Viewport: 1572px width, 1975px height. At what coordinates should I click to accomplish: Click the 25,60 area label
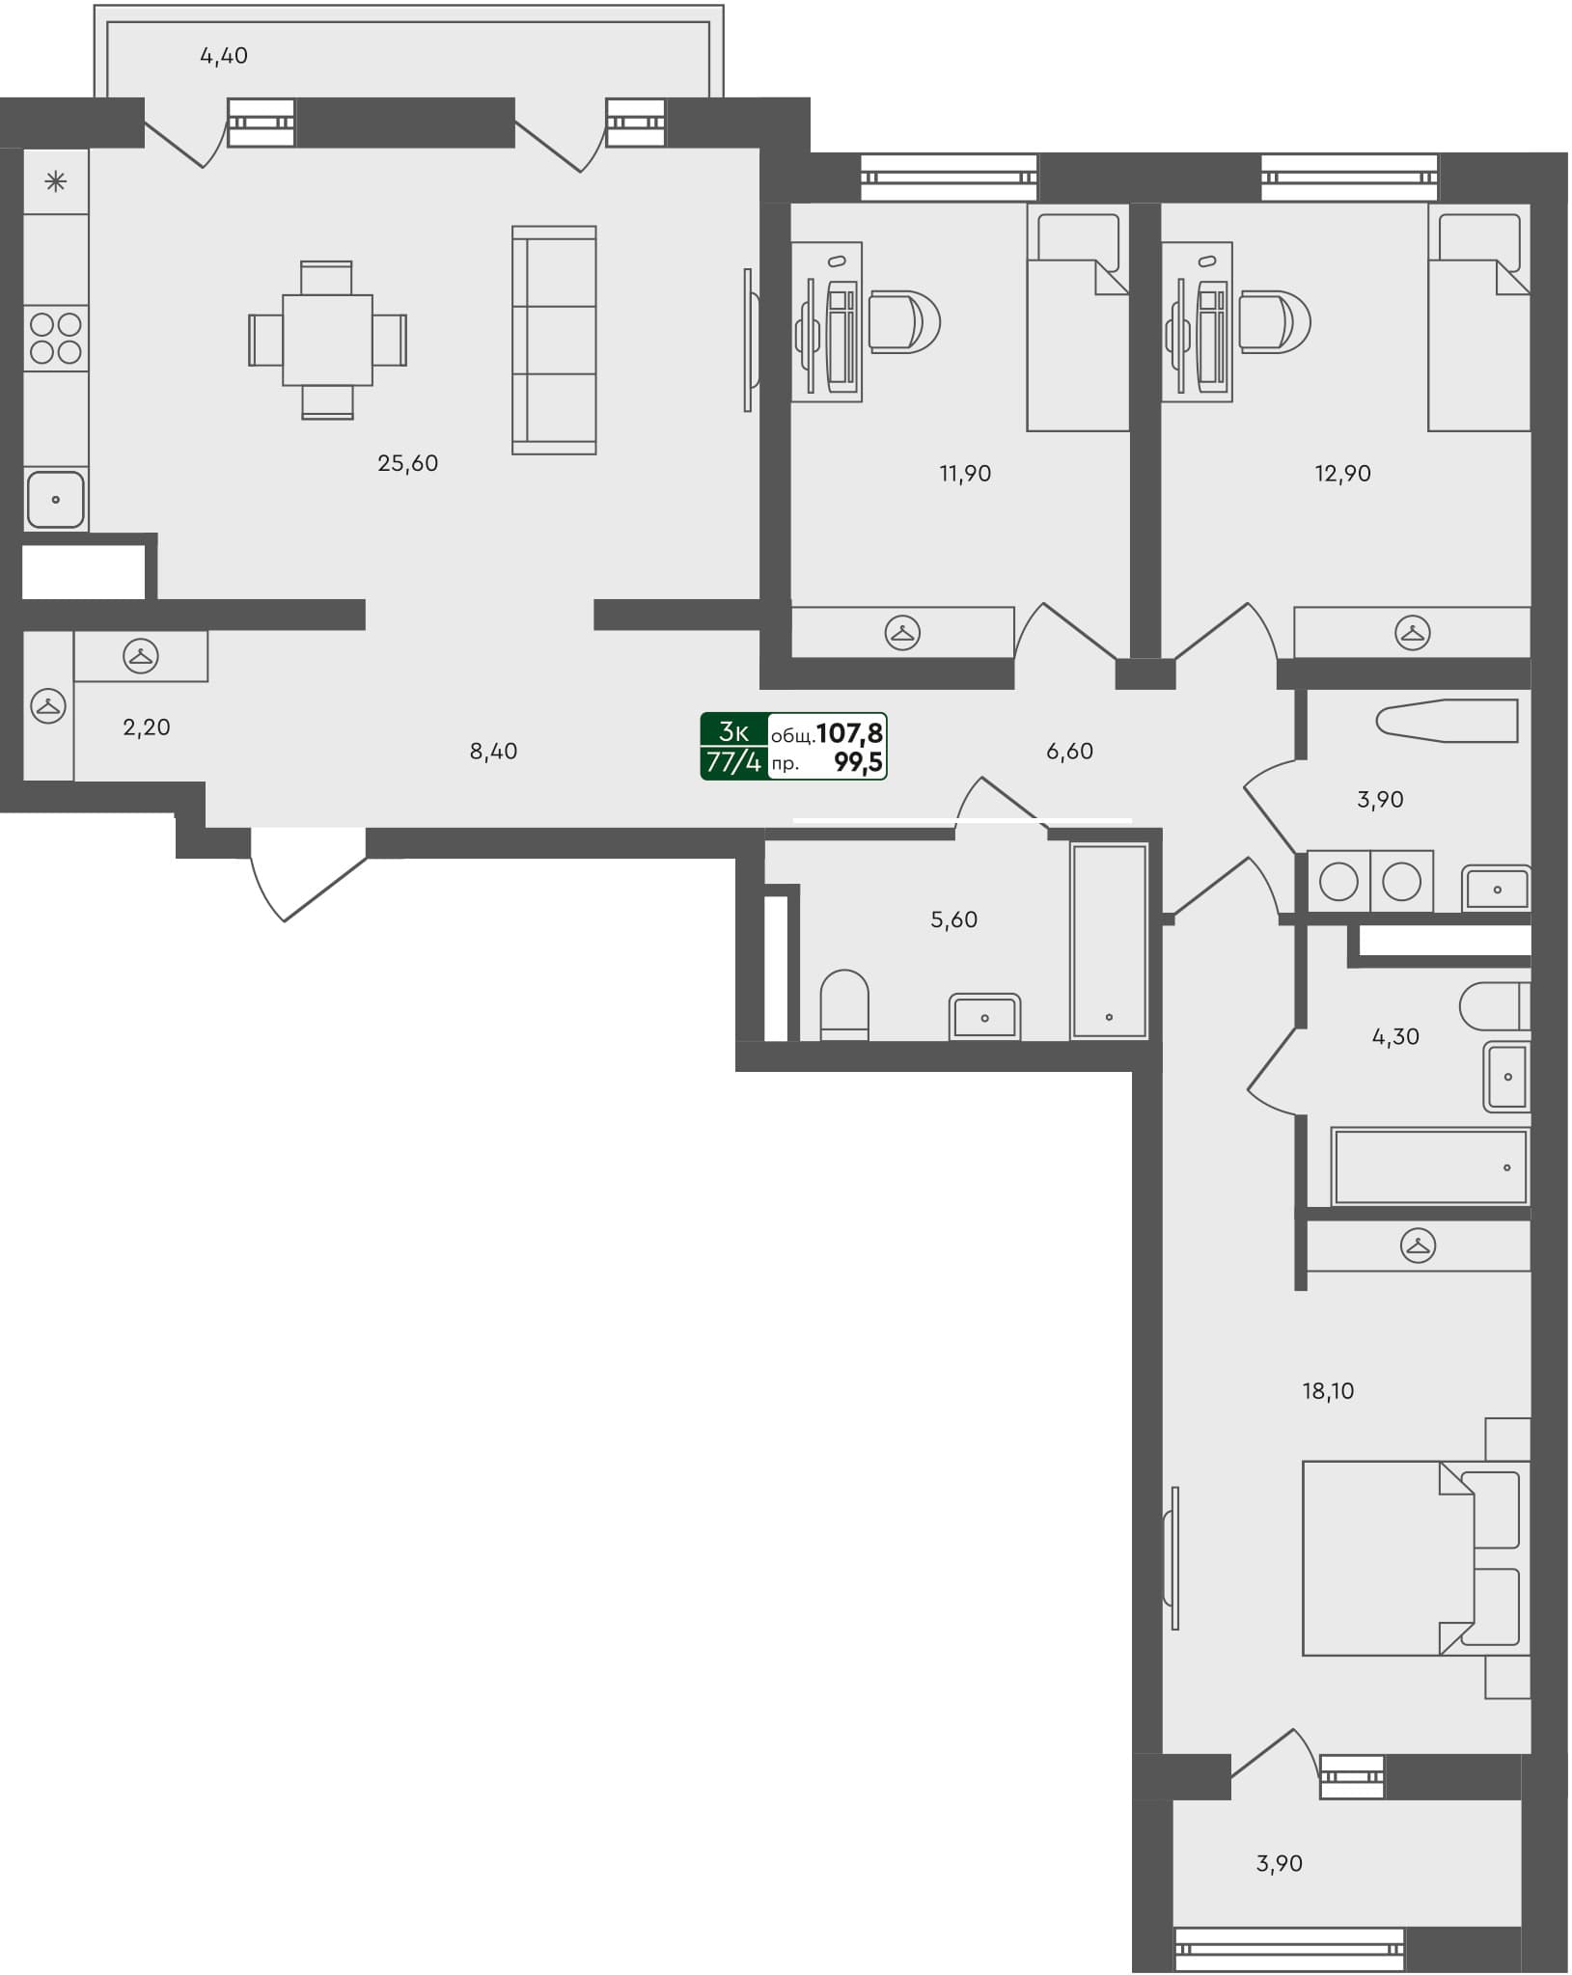coord(407,463)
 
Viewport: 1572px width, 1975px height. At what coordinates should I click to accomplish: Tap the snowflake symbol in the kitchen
coord(56,180)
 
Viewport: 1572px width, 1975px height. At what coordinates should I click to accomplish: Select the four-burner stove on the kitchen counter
coord(56,338)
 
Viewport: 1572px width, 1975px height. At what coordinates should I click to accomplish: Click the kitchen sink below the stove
coord(55,499)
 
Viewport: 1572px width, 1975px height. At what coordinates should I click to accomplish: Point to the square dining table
coord(327,341)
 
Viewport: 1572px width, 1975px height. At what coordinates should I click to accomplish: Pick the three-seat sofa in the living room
coord(553,340)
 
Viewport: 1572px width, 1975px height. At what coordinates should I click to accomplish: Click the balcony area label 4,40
coord(224,56)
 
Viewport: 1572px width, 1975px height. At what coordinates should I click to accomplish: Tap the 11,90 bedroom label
coord(965,473)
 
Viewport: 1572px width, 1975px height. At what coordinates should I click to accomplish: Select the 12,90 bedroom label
coord(1342,473)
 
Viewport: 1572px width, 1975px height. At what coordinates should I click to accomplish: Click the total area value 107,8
coord(849,733)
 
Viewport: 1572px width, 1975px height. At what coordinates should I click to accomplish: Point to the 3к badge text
coord(733,731)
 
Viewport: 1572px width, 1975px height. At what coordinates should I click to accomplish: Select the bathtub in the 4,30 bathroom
coord(1430,1167)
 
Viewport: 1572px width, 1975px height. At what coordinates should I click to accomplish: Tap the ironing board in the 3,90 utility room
coord(1447,721)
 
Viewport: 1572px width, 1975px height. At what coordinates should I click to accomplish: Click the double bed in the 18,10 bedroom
coord(1390,1558)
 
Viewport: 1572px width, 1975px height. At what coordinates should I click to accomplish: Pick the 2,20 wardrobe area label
coord(147,727)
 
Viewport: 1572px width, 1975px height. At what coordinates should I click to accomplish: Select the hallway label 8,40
coord(493,751)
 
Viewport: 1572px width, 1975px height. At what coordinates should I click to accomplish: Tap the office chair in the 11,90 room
coord(904,322)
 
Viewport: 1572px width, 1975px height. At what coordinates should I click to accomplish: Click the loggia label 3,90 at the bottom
coord(1279,1863)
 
